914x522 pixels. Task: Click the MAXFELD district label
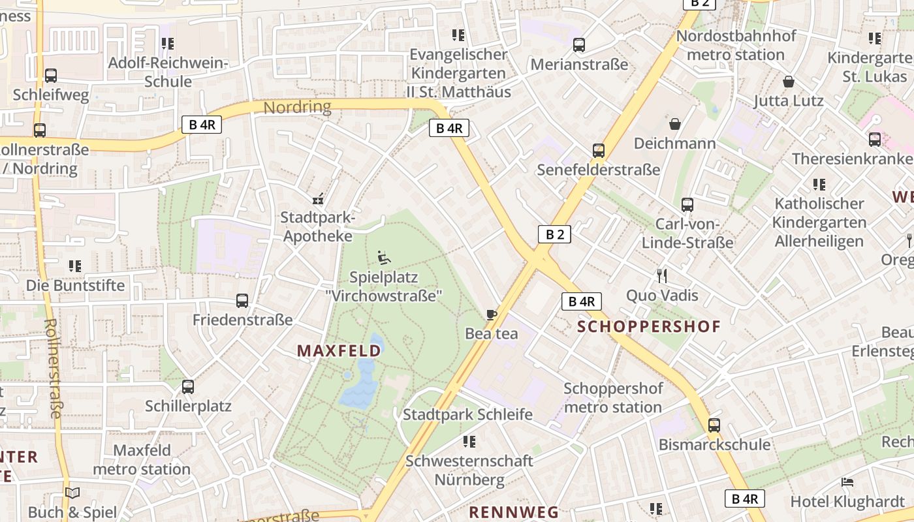[x=339, y=351]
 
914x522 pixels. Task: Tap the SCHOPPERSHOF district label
[x=649, y=326]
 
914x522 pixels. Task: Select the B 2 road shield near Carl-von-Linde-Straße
[x=554, y=234]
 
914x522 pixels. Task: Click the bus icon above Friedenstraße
[x=242, y=301]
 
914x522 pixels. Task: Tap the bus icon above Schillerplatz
[x=188, y=387]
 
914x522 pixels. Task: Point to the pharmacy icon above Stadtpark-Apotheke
[x=318, y=199]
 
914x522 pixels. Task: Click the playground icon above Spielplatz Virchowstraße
[x=384, y=258]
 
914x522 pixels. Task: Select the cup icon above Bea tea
[x=491, y=315]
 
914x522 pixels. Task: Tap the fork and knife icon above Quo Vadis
[x=662, y=276]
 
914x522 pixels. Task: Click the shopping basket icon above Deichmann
[x=674, y=124]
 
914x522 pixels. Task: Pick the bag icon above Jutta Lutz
[x=789, y=82]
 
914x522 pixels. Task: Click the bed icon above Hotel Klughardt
[x=847, y=483]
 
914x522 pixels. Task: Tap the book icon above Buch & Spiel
[x=72, y=493]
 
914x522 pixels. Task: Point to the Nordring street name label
[x=297, y=107]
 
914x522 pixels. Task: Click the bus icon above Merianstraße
[x=579, y=45]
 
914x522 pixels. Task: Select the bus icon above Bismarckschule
[x=714, y=425]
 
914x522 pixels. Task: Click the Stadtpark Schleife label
[x=467, y=415]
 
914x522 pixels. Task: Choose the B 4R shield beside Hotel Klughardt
[x=744, y=499]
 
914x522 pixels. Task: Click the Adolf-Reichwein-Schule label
[x=168, y=72]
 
